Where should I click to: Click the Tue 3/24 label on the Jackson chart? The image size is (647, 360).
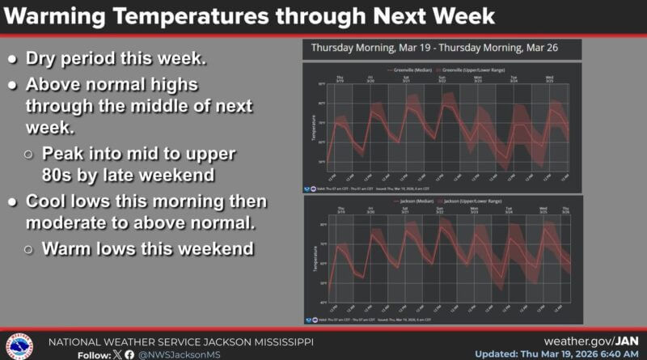tap(510, 210)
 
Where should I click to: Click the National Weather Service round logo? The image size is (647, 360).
tap(19, 345)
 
